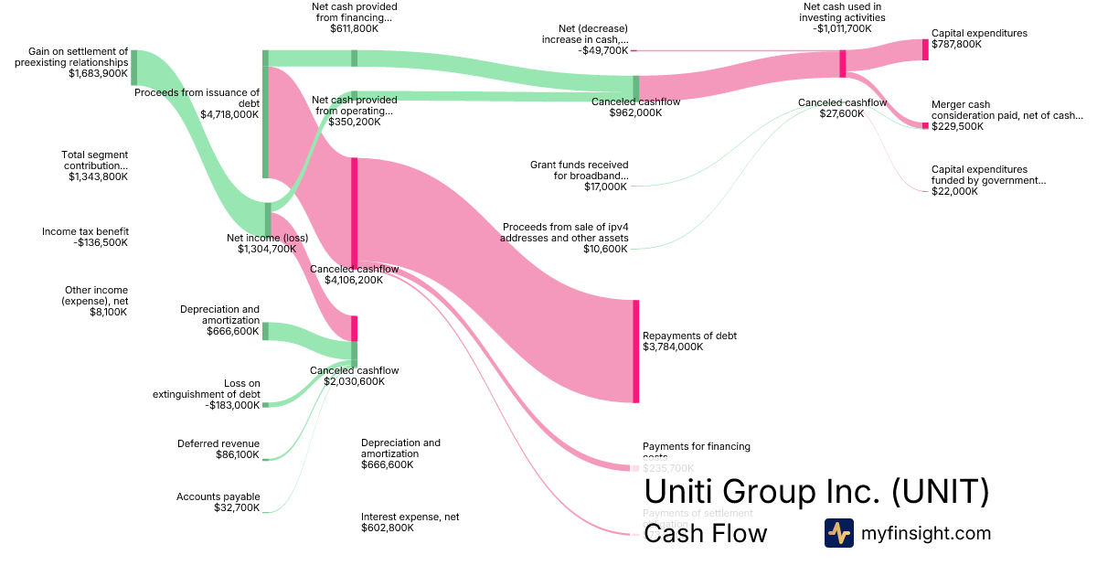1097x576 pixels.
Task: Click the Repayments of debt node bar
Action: (x=636, y=351)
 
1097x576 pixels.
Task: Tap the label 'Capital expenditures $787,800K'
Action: (x=979, y=38)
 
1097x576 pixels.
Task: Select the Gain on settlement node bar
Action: (x=133, y=68)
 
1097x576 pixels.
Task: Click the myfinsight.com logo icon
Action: (x=838, y=533)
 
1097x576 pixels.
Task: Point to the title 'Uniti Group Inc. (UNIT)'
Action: (x=816, y=492)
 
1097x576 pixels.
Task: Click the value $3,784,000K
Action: (x=673, y=347)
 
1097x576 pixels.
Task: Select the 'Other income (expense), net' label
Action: (x=96, y=301)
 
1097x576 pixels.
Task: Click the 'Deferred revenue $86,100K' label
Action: (x=218, y=449)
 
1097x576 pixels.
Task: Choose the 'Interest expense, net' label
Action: (x=410, y=522)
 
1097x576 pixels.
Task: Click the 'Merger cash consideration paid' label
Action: (x=1006, y=115)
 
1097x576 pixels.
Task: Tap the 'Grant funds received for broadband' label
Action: (x=579, y=176)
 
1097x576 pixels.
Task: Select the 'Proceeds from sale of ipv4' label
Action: (x=564, y=238)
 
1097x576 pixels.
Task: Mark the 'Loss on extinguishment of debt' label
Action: (x=206, y=394)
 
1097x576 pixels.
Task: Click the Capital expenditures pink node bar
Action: (x=925, y=50)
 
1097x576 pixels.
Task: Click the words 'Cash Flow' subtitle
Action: (x=706, y=534)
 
